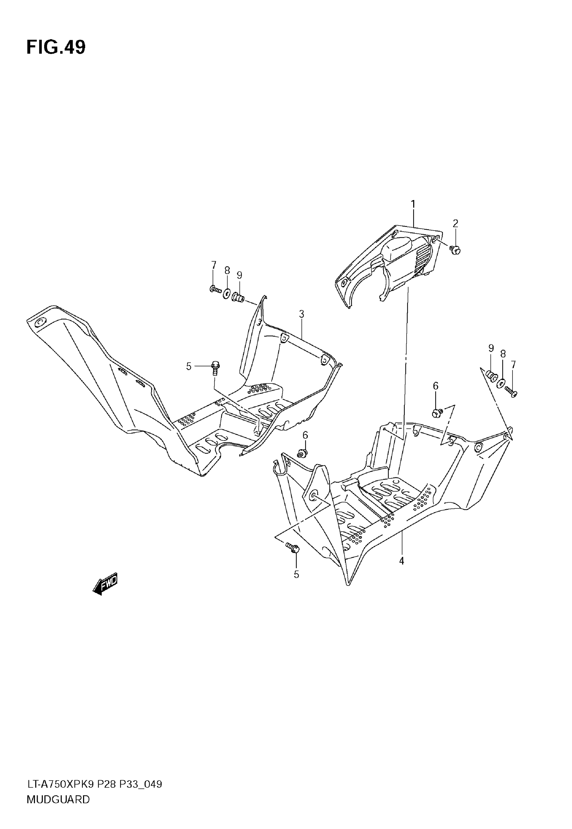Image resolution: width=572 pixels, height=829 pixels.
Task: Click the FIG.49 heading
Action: pyautogui.click(x=56, y=47)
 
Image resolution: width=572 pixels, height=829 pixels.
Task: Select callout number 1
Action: pyautogui.click(x=413, y=204)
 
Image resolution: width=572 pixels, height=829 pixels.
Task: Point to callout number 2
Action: pyautogui.click(x=455, y=223)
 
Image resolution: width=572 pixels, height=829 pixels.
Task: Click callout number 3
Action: pyautogui.click(x=301, y=314)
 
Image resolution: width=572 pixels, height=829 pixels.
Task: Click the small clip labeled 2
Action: pyautogui.click(x=455, y=249)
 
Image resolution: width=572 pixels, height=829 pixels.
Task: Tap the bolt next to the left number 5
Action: pyautogui.click(x=215, y=367)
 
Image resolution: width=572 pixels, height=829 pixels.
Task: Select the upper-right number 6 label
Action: pyautogui.click(x=435, y=386)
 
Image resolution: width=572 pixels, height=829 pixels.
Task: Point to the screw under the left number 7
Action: pyautogui.click(x=216, y=289)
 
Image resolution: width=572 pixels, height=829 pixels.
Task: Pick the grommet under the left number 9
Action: pyautogui.click(x=238, y=297)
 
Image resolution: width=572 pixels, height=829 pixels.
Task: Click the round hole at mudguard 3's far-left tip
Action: pyautogui.click(x=39, y=323)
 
